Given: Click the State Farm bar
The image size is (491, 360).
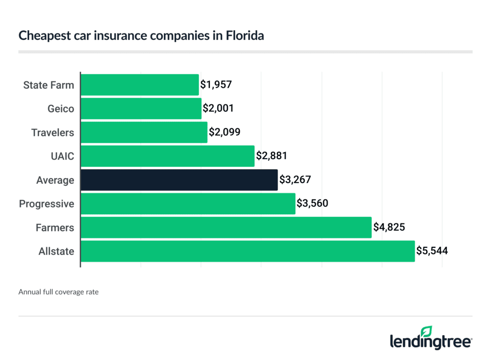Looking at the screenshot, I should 140,85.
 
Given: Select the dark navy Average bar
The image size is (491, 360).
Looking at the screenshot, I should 179,180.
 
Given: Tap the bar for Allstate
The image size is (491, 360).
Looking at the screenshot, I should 247,251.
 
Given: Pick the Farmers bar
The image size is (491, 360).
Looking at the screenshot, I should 226,228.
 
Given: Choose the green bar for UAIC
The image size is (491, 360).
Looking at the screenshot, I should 167,156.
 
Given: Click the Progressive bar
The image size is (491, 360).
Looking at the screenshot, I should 188,204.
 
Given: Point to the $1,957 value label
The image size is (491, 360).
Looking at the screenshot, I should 216,85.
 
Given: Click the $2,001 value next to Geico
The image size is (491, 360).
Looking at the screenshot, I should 218,109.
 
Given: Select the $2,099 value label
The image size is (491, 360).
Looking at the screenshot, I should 223,132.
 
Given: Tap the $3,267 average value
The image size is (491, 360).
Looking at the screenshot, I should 294,180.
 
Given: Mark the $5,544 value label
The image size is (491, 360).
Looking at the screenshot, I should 432,251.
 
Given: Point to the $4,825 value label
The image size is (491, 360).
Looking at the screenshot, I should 389,228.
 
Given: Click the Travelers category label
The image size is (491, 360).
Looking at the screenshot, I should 53,132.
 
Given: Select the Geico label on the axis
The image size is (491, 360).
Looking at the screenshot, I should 61,109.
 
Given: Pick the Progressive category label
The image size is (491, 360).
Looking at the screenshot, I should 47,204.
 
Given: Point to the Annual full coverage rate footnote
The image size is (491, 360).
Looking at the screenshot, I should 58,291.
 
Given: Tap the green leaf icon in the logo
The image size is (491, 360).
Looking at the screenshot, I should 426,331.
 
